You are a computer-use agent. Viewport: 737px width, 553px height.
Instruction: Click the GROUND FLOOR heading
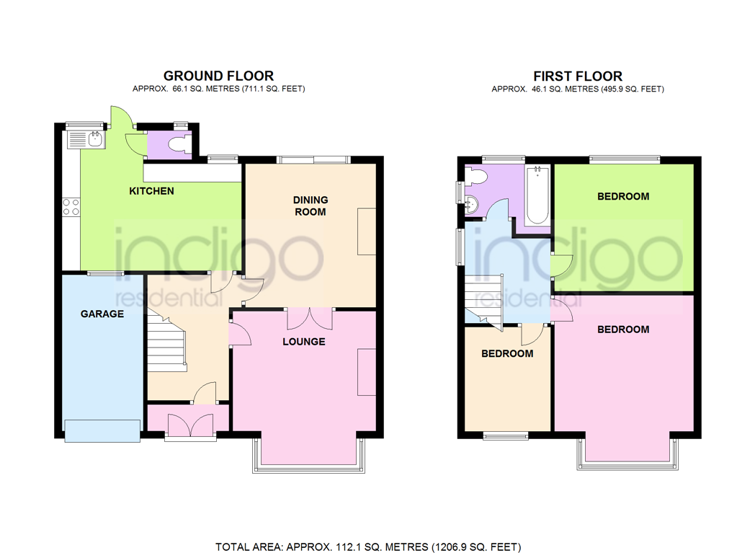click(x=218, y=76)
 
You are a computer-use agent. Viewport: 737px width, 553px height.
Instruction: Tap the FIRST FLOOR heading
click(x=577, y=76)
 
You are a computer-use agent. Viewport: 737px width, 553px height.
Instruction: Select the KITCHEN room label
click(x=151, y=191)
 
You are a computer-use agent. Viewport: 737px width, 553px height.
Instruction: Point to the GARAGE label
click(x=102, y=314)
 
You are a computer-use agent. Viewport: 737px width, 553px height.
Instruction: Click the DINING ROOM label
click(x=310, y=205)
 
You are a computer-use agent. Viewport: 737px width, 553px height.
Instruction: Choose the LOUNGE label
click(x=303, y=341)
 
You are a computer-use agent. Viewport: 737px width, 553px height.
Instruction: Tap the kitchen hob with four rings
click(x=71, y=207)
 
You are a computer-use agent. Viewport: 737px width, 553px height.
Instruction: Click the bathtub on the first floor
click(x=538, y=195)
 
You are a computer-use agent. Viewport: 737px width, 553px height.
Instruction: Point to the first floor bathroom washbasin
click(x=472, y=203)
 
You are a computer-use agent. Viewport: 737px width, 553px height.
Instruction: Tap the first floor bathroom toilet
click(x=476, y=176)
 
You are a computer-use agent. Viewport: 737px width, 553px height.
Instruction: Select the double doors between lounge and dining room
click(x=310, y=317)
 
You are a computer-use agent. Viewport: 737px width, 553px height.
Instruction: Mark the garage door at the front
click(x=102, y=430)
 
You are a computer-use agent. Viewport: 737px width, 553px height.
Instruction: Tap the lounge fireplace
click(x=366, y=372)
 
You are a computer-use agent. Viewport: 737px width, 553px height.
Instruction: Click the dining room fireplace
click(x=366, y=231)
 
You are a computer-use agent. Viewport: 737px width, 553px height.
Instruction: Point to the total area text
click(x=368, y=547)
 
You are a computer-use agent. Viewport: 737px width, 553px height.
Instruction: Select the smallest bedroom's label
click(x=507, y=353)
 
